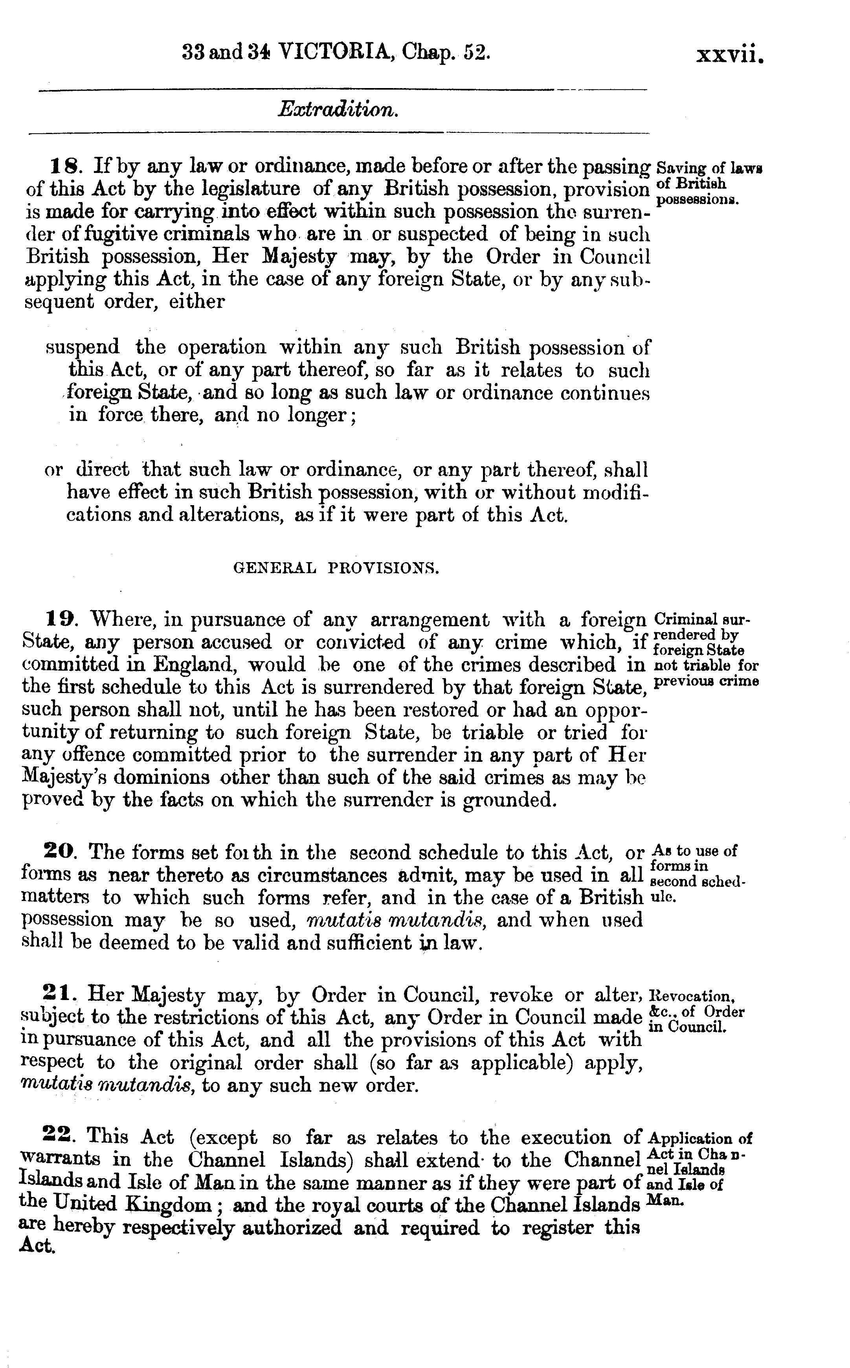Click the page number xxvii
730,55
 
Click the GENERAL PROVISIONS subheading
336,568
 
